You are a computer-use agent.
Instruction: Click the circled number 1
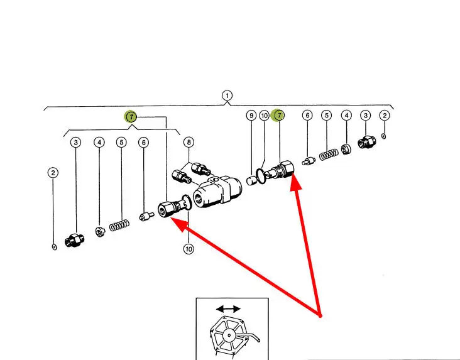pos(227,96)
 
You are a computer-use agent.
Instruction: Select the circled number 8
pos(189,143)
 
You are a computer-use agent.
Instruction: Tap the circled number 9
pos(251,116)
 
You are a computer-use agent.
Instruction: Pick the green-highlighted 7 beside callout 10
pos(279,116)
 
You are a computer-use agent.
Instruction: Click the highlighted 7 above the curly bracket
pos(130,117)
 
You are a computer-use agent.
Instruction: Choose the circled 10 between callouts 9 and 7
pos(265,116)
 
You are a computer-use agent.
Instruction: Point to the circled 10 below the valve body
pos(189,249)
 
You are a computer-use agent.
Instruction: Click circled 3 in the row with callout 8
pos(75,143)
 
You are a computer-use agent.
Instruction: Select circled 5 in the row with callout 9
pos(326,116)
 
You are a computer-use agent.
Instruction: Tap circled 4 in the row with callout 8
pos(99,143)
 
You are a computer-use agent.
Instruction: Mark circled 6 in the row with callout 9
pos(307,116)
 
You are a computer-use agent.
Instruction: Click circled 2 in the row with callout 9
pos(385,116)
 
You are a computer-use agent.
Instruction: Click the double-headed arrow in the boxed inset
pos(227,309)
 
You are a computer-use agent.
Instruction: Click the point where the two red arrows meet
pos(320,315)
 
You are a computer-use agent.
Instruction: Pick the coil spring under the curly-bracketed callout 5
pos(119,224)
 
